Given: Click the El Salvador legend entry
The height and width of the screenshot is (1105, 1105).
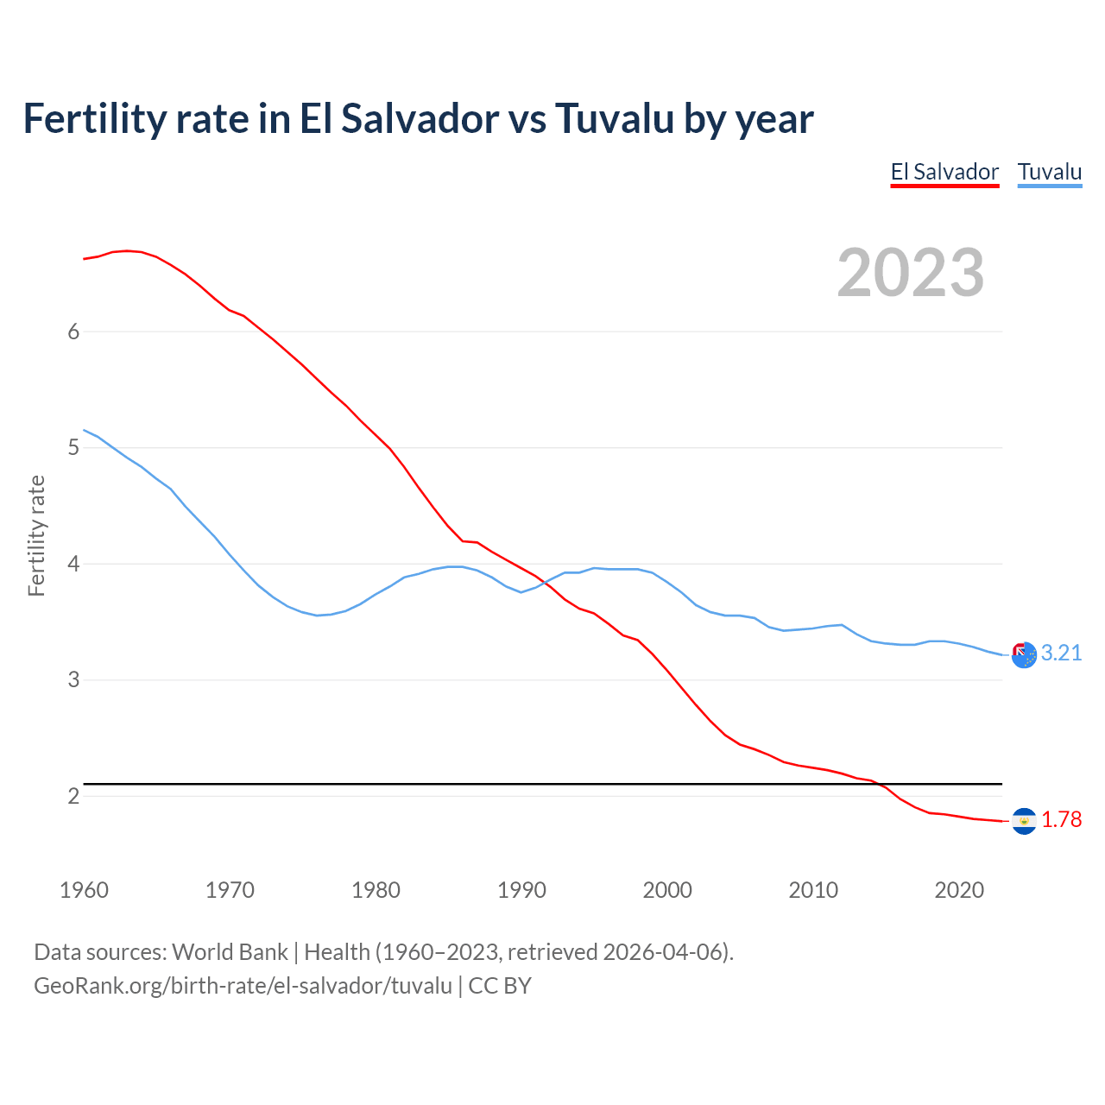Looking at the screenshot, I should click(944, 172).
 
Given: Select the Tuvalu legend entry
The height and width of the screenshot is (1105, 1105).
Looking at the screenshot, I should click(1049, 172).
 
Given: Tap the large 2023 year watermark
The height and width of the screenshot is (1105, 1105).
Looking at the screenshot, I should click(911, 273).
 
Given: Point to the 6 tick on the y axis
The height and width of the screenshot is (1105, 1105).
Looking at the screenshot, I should click(73, 332).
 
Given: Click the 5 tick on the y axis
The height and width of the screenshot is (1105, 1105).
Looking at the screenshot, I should click(73, 448).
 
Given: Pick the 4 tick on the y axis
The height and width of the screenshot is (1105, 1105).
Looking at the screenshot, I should click(73, 564).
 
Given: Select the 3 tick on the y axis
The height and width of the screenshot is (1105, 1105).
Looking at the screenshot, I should click(73, 680).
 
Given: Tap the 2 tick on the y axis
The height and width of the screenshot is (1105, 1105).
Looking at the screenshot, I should click(73, 796).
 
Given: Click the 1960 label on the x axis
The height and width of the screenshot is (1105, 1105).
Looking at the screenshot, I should click(84, 890).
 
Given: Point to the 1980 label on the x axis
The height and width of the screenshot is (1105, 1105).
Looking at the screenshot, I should click(376, 890).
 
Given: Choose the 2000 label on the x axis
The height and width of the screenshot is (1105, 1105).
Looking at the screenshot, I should click(667, 890).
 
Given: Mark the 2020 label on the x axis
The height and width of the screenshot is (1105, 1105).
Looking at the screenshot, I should click(959, 890).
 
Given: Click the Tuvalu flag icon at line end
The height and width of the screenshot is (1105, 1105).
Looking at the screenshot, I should click(1024, 655).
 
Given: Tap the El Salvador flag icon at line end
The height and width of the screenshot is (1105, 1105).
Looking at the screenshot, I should click(1024, 821).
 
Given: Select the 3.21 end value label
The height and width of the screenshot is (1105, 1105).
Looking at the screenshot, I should click(1061, 654).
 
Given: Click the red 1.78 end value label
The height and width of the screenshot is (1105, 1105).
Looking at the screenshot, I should click(1061, 820).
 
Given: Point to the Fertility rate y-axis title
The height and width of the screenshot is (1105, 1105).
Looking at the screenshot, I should click(36, 535).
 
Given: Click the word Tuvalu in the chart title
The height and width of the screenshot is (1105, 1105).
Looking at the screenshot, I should click(614, 119).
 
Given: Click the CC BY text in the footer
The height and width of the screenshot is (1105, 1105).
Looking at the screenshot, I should click(500, 986).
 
